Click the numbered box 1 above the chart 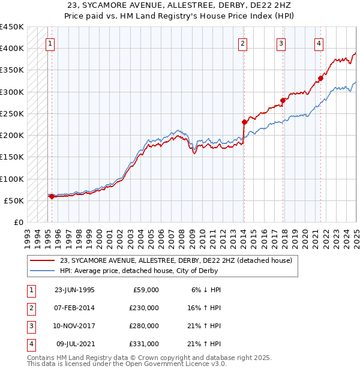coord(50,43)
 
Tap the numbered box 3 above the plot coord(280,43)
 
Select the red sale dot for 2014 coord(244,122)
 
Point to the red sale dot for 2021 coord(321,78)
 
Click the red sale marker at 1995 coord(52,196)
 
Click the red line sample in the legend coord(43,260)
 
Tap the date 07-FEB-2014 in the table coord(75,307)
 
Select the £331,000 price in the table coord(144,344)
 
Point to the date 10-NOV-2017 coord(75,326)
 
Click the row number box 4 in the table coord(29,344)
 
